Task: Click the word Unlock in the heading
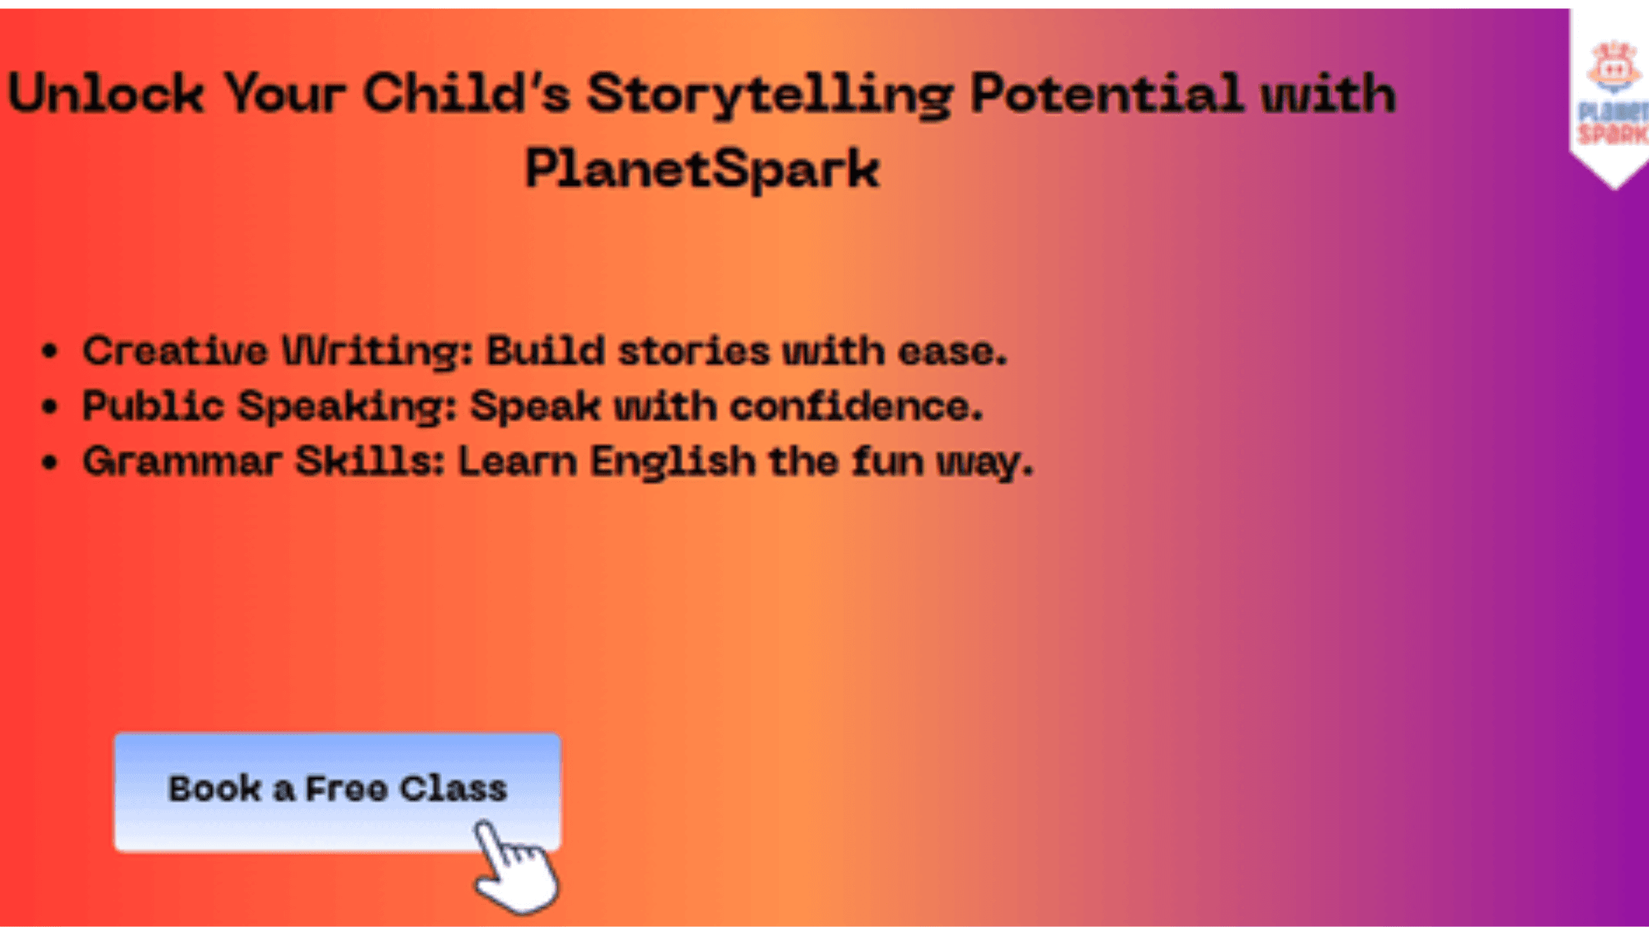106,93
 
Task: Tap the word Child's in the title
466,92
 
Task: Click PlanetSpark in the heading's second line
702,170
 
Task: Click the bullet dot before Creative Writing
50,352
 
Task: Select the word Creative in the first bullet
175,351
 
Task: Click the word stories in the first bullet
693,352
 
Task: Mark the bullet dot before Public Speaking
50,407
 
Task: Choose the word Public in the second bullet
153,406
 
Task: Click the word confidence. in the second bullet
856,406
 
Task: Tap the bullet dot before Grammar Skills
50,462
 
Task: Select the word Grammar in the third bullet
182,461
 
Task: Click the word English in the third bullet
673,462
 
